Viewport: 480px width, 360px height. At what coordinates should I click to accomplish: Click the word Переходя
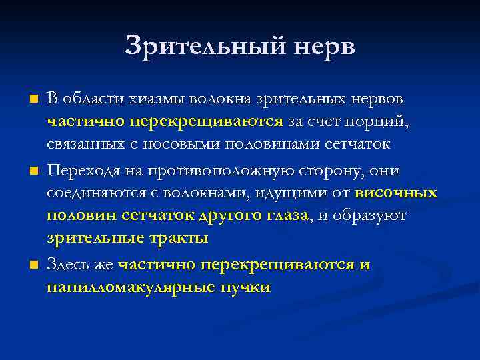[83, 171]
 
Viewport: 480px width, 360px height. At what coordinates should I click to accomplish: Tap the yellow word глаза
[284, 217]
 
